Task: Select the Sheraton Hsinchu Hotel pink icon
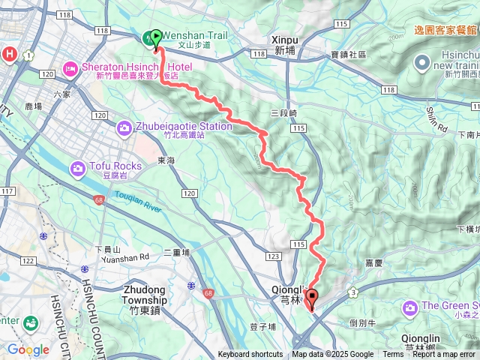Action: (70, 68)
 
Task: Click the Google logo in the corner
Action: (28, 349)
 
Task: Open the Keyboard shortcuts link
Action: (250, 355)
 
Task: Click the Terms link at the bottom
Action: (393, 355)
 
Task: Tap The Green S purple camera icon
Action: (410, 307)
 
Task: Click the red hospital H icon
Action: (9, 53)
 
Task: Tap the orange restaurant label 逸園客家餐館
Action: (445, 30)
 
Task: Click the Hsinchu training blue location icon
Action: (422, 63)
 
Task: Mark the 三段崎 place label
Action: (283, 112)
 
